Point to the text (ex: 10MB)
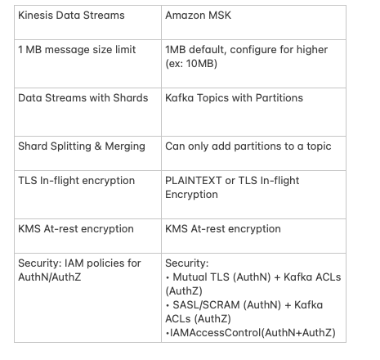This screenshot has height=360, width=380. tap(191, 64)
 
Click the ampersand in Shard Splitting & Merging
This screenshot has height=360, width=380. tap(98, 146)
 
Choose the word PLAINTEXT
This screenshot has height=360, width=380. tap(194, 181)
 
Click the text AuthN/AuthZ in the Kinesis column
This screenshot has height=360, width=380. tap(50, 277)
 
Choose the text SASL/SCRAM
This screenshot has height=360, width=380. tap(206, 305)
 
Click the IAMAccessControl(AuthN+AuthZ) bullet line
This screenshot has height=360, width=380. tap(251, 333)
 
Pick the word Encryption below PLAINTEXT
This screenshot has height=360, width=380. tap(191, 195)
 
